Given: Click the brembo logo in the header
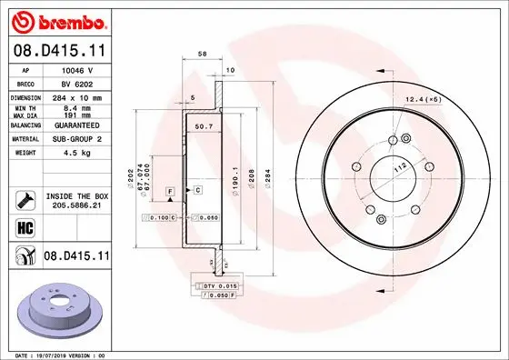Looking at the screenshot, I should (x=56, y=20).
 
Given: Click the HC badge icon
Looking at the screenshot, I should (x=24, y=227).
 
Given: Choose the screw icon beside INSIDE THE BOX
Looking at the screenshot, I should (x=25, y=200).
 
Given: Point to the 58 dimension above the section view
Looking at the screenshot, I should (x=202, y=55).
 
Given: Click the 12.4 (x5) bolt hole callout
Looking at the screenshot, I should (x=424, y=98).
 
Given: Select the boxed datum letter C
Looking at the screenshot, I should (x=197, y=189).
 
